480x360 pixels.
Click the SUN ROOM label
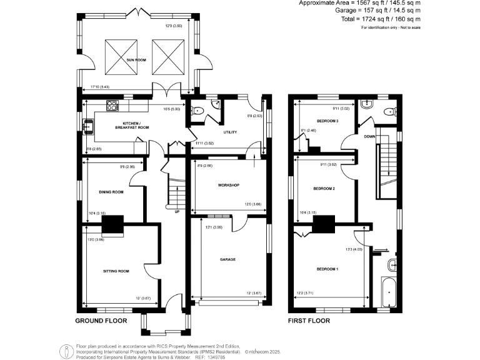click(136, 59)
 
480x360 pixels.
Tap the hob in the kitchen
click(112, 106)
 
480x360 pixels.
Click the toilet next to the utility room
click(198, 112)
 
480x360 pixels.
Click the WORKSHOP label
click(229, 185)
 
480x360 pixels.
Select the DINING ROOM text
click(111, 192)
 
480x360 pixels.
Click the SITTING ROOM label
click(116, 271)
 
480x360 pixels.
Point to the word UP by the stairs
click(177, 211)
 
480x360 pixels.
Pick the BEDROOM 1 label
click(327, 269)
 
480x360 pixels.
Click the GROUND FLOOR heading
click(101, 321)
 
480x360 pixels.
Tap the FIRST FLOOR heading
click(309, 321)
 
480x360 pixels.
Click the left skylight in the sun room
click(121, 54)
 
